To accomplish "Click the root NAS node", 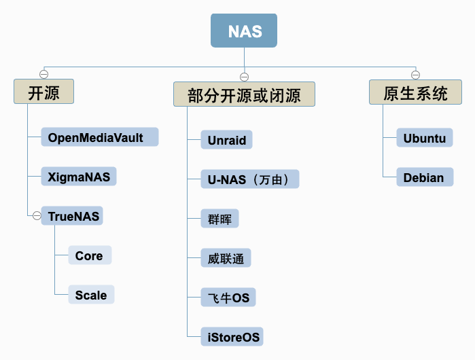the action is [x=244, y=31].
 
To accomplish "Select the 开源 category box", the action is [x=44, y=92].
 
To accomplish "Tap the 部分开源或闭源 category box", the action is [x=244, y=94].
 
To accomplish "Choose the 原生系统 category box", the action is [x=415, y=92].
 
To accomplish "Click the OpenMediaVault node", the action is [x=100, y=137].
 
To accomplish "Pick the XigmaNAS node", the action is [x=79, y=176].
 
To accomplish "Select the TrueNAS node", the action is [x=72, y=215].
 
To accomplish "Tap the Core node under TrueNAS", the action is [x=90, y=255].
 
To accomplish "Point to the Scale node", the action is [x=91, y=294].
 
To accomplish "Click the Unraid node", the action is [x=226, y=139].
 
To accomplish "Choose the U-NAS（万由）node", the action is [x=250, y=179].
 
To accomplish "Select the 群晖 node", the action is [x=219, y=218].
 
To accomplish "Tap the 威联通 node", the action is [x=226, y=257].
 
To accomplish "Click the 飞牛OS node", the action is [x=228, y=297].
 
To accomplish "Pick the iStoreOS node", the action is [x=232, y=336].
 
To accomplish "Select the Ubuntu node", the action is [x=425, y=137].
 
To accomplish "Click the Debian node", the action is [x=425, y=177].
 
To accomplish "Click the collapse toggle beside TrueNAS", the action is [x=37, y=215].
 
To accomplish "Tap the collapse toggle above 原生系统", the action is [x=415, y=75].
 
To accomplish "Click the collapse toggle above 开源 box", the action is [x=44, y=74].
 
